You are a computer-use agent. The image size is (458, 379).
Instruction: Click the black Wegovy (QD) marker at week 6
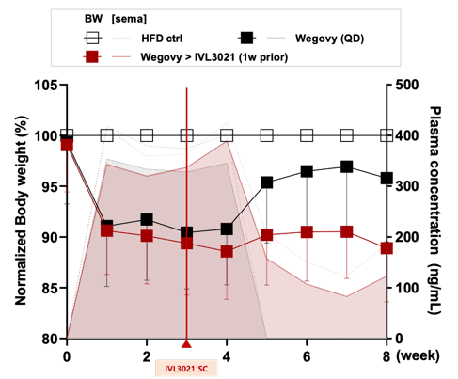click(307, 171)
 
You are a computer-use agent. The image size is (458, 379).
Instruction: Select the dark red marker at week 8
click(387, 248)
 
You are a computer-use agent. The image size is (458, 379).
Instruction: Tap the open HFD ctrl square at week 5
click(267, 136)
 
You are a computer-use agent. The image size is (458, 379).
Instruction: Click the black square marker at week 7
click(347, 166)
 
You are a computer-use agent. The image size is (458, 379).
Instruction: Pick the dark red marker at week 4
click(227, 251)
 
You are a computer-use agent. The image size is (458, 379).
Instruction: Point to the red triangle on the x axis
click(186, 344)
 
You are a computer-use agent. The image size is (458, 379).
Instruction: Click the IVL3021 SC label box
click(186, 368)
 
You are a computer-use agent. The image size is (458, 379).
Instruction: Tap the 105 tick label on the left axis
click(46, 85)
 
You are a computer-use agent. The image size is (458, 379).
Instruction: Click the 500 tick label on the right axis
click(406, 85)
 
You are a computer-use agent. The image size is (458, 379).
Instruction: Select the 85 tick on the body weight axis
click(63, 288)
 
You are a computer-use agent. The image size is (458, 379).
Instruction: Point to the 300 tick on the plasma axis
click(390, 186)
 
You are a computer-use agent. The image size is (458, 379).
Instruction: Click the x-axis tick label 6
click(307, 356)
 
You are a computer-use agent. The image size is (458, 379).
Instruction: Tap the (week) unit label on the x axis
click(418, 356)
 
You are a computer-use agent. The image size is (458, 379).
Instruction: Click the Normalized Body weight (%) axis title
click(22, 211)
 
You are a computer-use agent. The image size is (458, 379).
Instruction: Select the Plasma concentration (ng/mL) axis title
click(434, 211)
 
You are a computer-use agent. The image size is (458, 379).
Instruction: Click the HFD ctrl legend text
click(162, 39)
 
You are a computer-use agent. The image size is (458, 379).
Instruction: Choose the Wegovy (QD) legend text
click(329, 39)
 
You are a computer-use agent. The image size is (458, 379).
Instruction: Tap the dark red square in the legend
click(92, 57)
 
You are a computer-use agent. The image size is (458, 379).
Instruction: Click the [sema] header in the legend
click(129, 19)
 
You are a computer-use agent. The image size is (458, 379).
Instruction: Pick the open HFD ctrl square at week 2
click(147, 136)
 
